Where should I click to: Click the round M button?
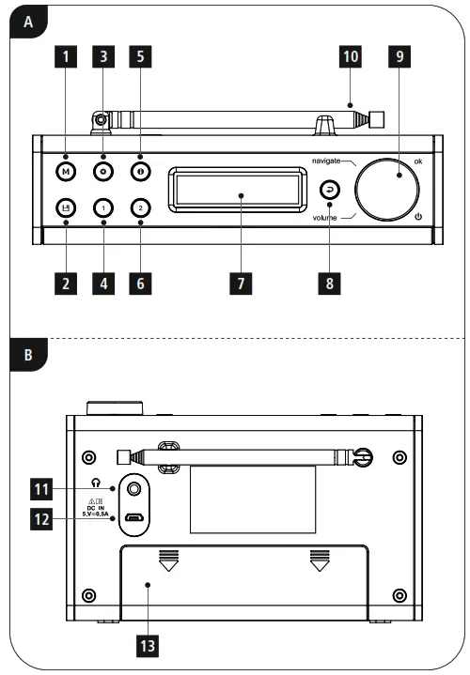tap(66, 172)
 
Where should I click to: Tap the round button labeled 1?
tap(102, 208)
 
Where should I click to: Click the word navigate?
tap(331, 161)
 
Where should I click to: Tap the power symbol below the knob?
tap(418, 218)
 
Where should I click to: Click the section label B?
tap(28, 357)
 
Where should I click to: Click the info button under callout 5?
tap(138, 172)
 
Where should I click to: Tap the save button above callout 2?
tap(66, 208)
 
